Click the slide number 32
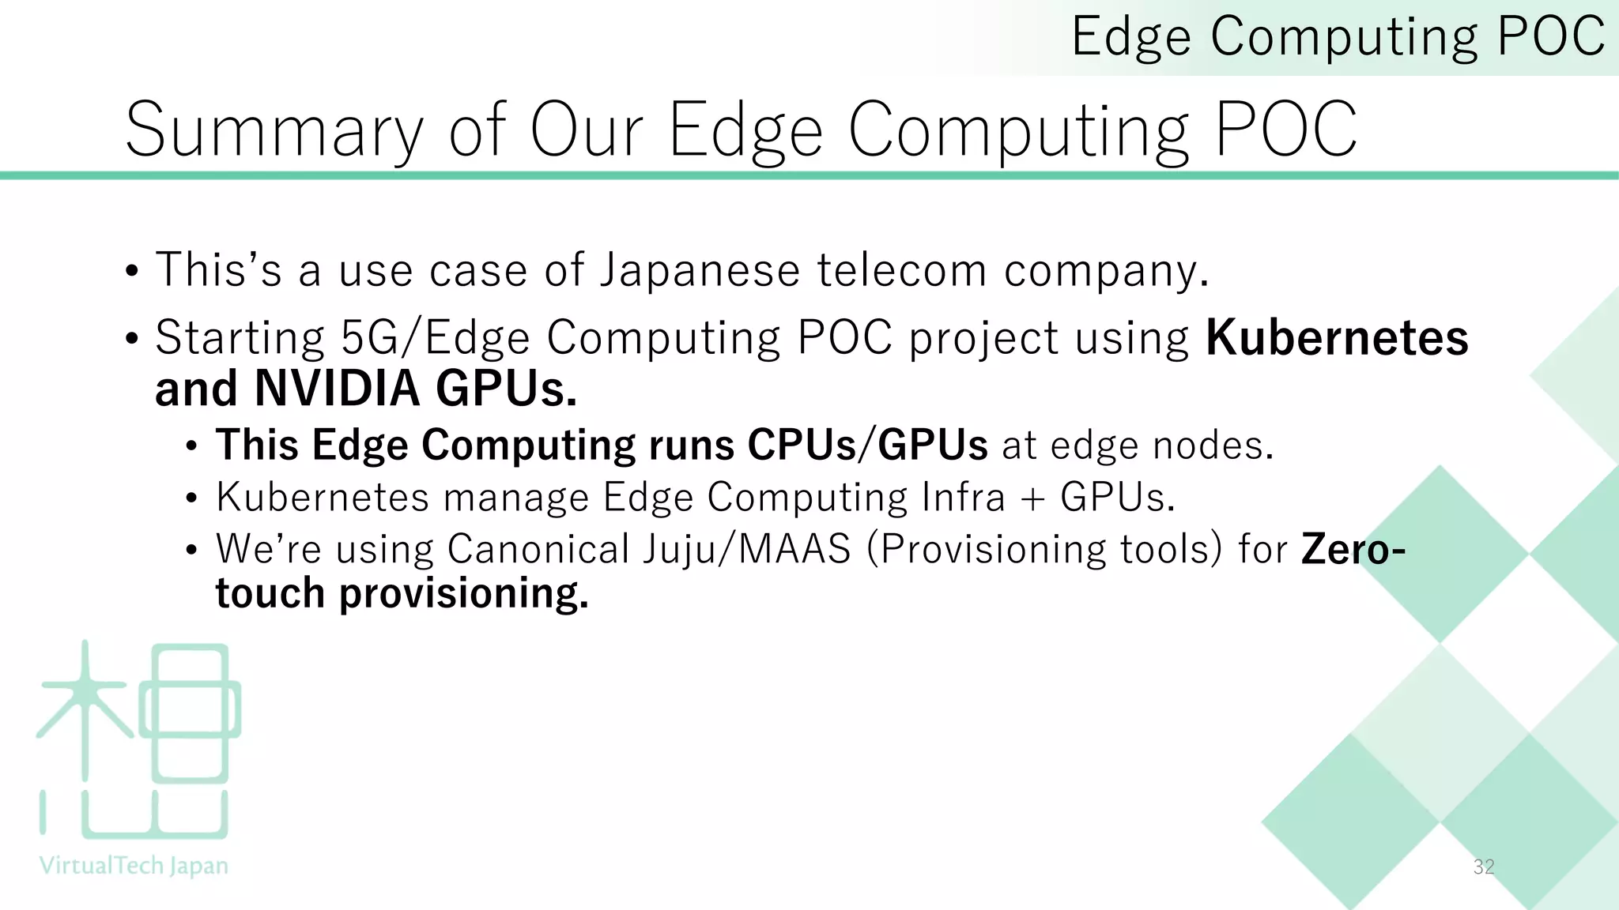pyautogui.click(x=1484, y=867)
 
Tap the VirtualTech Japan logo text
pyautogui.click(x=134, y=867)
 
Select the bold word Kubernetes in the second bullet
pyautogui.click(x=1337, y=338)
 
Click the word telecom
pyautogui.click(x=901, y=270)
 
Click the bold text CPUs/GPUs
pyautogui.click(x=867, y=445)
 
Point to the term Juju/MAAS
pyautogui.click(x=746, y=549)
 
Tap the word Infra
pyautogui.click(x=963, y=498)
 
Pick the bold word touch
pyautogui.click(x=270, y=593)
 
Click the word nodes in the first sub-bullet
pyautogui.click(x=1213, y=446)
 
